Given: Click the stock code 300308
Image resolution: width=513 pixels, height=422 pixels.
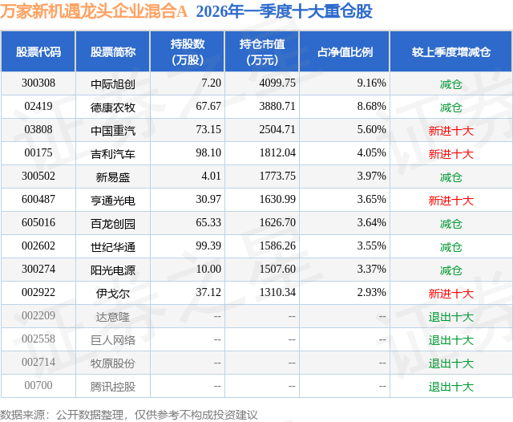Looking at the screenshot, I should click(x=39, y=83).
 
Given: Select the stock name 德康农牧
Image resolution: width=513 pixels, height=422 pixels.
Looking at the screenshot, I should click(x=113, y=106).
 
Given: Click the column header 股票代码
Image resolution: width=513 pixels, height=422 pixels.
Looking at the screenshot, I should click(x=38, y=51).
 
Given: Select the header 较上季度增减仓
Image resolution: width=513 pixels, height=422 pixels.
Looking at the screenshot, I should click(x=450, y=51).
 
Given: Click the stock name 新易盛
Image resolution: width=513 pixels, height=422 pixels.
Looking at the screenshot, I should click(x=113, y=177).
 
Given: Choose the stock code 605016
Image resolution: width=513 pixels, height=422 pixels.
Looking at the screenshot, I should click(x=39, y=223).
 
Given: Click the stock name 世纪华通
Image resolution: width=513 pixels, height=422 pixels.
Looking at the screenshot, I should click(x=113, y=246).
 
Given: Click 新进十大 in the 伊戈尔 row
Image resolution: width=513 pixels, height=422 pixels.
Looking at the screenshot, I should click(x=450, y=293).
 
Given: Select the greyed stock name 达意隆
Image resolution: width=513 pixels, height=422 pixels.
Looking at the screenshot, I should click(x=113, y=316).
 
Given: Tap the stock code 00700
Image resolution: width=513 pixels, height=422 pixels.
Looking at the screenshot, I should click(x=38, y=386).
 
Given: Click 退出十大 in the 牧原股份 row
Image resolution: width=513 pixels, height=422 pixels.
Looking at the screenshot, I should click(x=450, y=363).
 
